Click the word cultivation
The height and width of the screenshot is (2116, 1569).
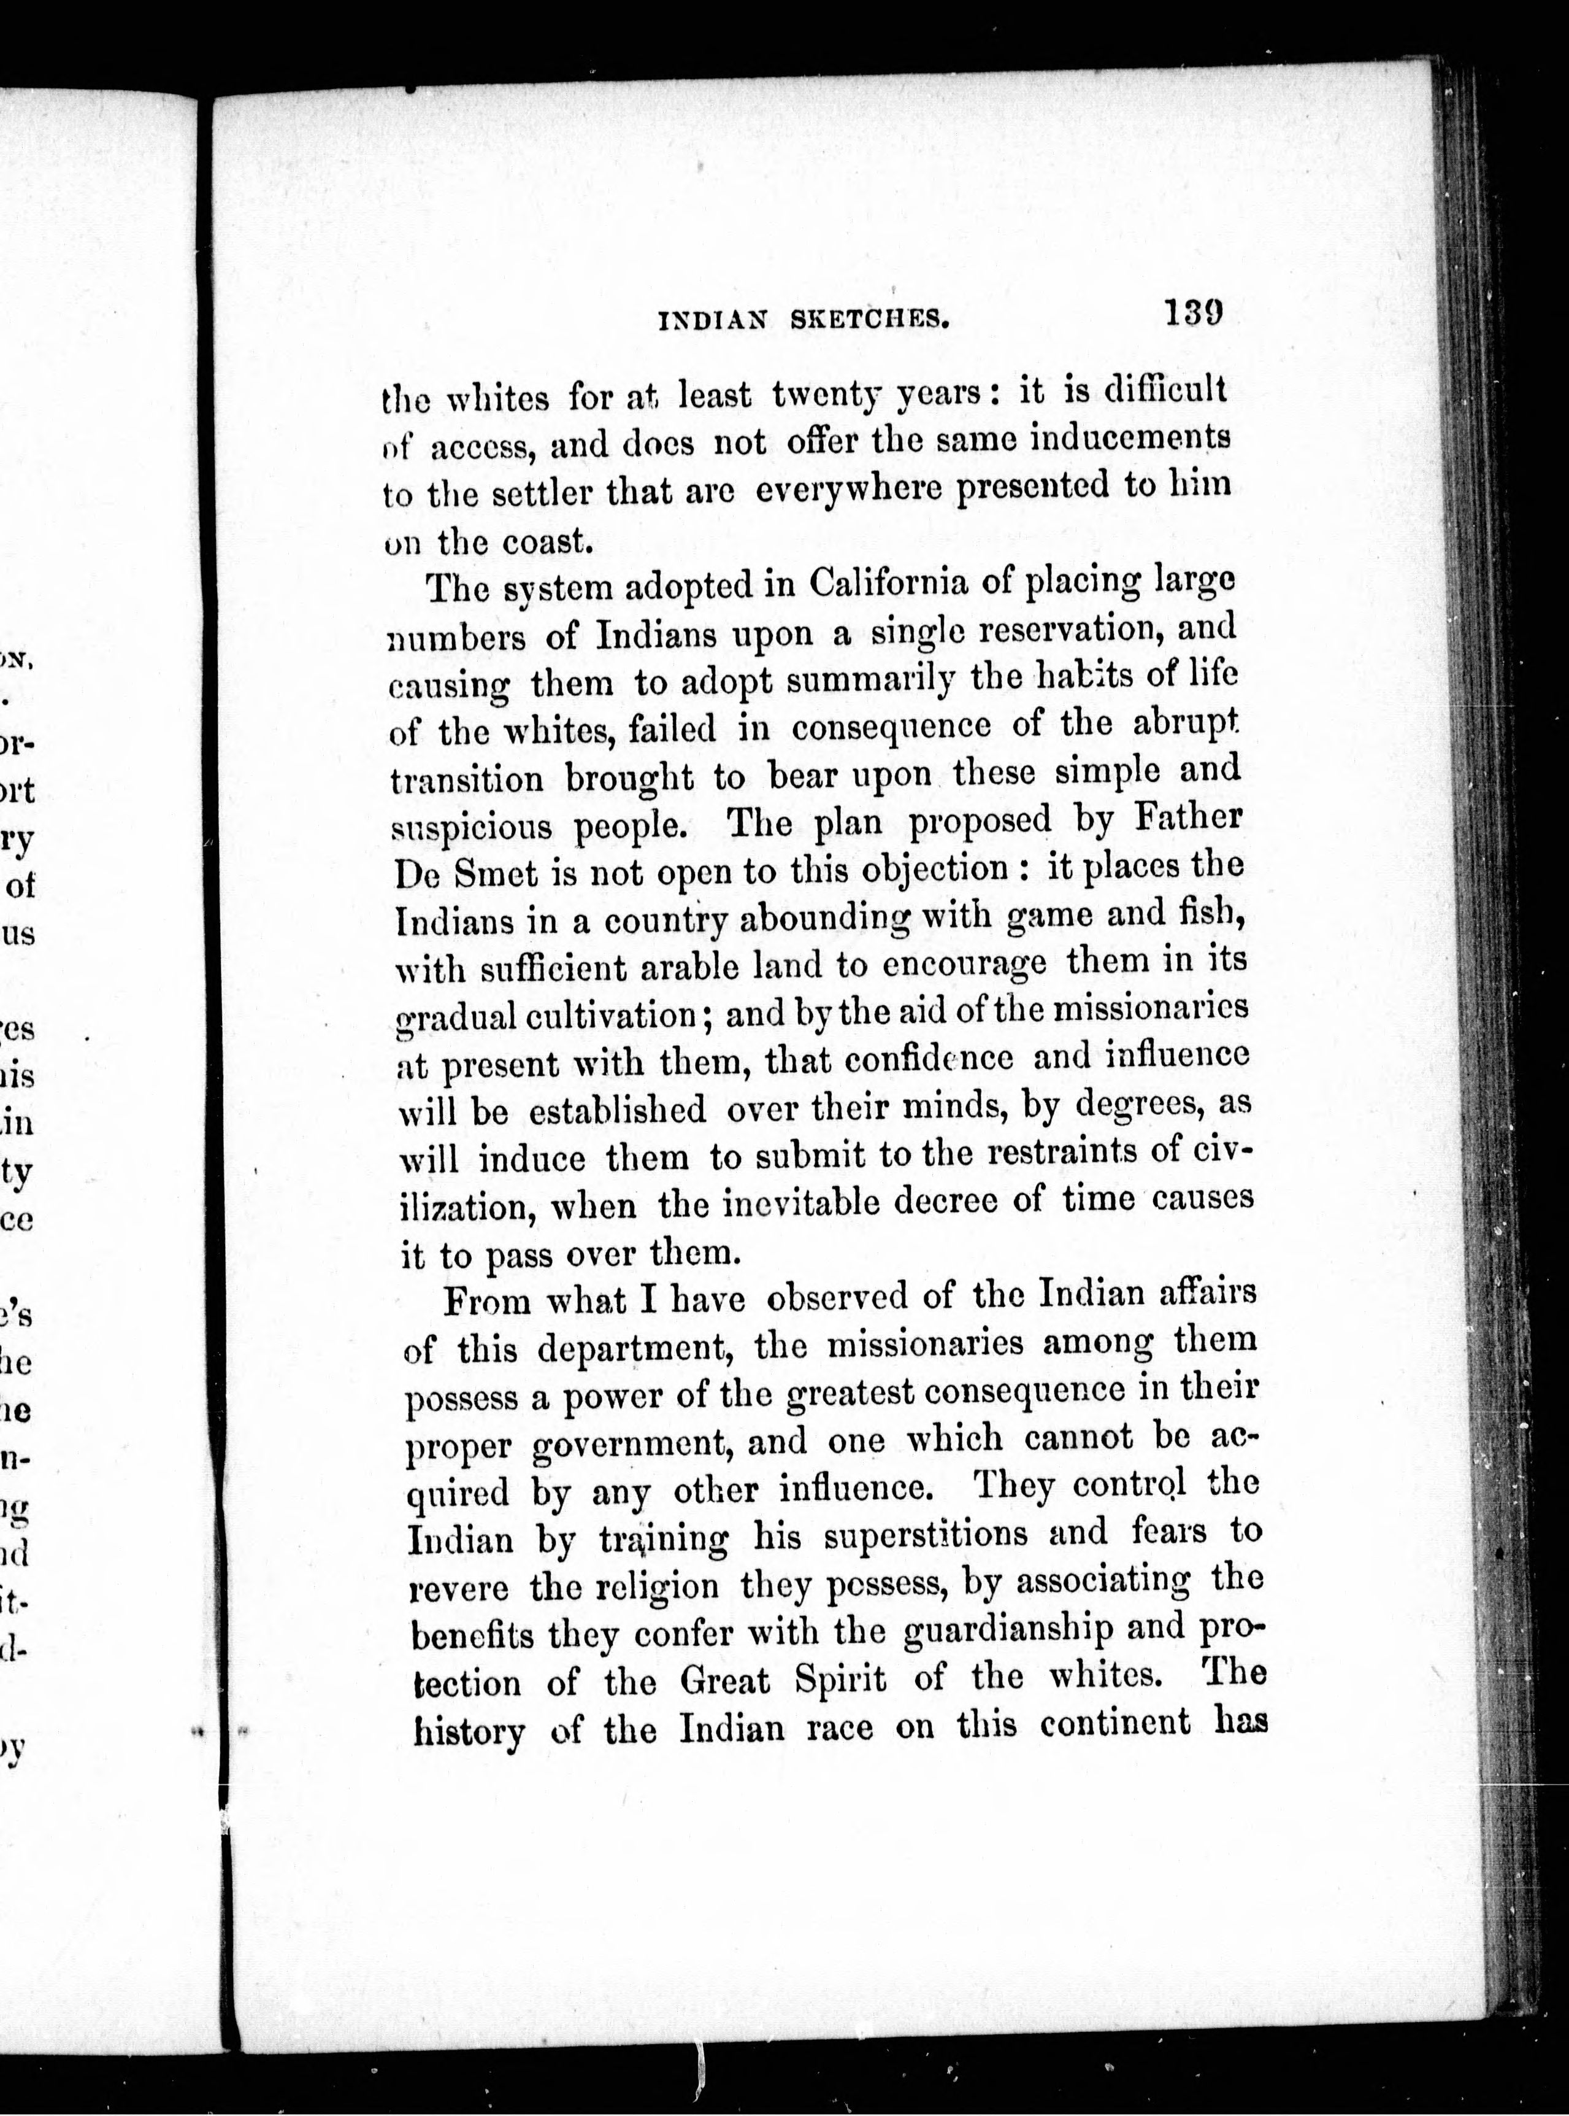point(599,1017)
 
